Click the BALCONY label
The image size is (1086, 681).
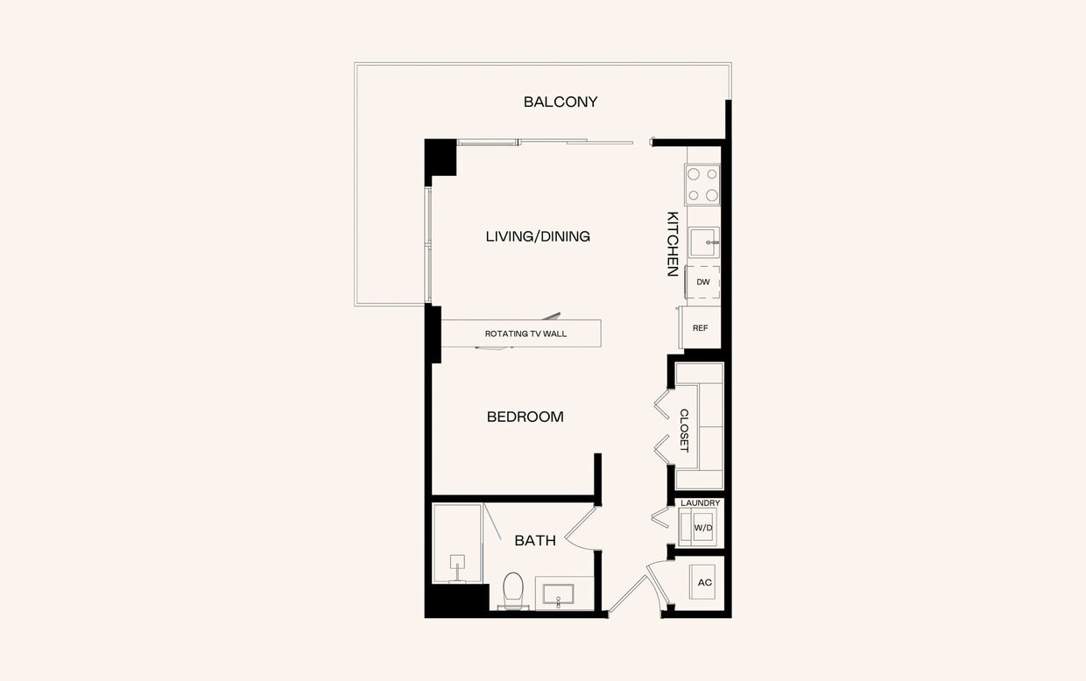[561, 102]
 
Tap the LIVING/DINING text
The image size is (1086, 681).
[538, 236]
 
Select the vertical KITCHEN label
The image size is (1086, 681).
[673, 243]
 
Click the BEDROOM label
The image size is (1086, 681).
[525, 417]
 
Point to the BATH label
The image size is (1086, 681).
[535, 541]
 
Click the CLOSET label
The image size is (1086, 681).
[684, 431]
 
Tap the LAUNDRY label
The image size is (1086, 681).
[701, 503]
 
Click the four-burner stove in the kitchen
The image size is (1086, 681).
[702, 185]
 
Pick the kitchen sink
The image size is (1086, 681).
[702, 242]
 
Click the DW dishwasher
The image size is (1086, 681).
[703, 282]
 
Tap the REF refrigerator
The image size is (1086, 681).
[701, 328]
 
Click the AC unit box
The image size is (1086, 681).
[705, 582]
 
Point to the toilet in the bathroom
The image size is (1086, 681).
[513, 589]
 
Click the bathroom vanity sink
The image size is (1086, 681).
[558, 594]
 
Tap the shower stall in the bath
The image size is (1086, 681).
[456, 543]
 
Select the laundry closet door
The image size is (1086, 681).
[659, 517]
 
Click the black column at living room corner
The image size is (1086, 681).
[441, 158]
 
